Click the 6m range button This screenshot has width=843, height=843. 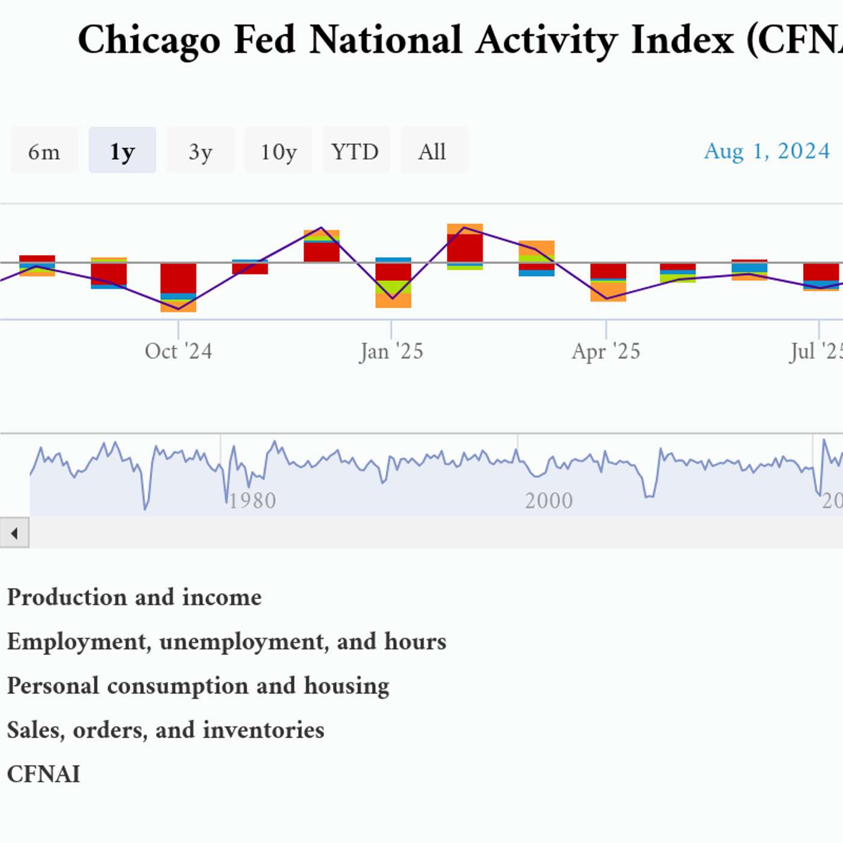pyautogui.click(x=44, y=151)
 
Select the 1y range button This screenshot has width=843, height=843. pyautogui.click(x=122, y=151)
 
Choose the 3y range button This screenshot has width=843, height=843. pyautogui.click(x=200, y=151)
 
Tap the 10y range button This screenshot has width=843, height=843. pyautogui.click(x=278, y=151)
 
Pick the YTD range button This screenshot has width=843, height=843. pyautogui.click(x=355, y=151)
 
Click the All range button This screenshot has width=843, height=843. pyautogui.click(x=432, y=151)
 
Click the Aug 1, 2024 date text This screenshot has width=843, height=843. pyautogui.click(x=767, y=151)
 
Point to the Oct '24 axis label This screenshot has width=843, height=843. pyautogui.click(x=178, y=351)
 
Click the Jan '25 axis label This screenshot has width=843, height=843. pyautogui.click(x=391, y=351)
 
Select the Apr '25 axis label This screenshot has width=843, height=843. pyautogui.click(x=606, y=351)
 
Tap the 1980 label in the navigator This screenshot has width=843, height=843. pyautogui.click(x=252, y=500)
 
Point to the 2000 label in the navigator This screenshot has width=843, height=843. pyautogui.click(x=549, y=500)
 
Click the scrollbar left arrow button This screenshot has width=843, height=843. pyautogui.click(x=14, y=533)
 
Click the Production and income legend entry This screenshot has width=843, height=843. pyautogui.click(x=134, y=597)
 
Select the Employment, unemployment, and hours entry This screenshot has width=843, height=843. pyautogui.click(x=226, y=641)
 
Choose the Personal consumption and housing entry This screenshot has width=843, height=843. pyautogui.click(x=198, y=686)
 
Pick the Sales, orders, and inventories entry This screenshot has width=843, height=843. pyautogui.click(x=166, y=730)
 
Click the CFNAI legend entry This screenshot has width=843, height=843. pyautogui.click(x=43, y=774)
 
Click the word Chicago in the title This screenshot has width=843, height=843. pyautogui.click(x=149, y=40)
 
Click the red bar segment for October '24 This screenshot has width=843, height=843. pyautogui.click(x=178, y=278)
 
